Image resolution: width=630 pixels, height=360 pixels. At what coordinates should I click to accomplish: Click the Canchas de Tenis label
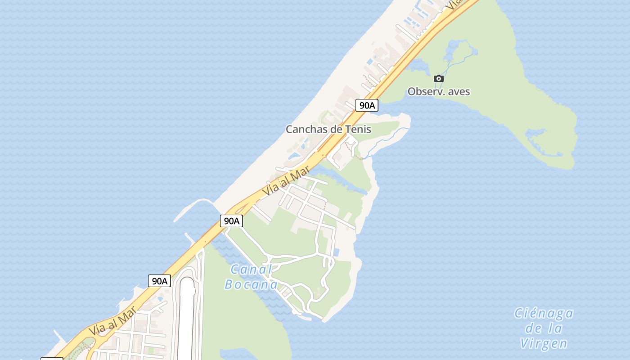coord(328,130)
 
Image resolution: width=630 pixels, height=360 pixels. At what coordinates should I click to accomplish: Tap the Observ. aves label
coord(439,92)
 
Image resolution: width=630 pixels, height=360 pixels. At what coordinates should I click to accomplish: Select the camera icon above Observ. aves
coord(439,79)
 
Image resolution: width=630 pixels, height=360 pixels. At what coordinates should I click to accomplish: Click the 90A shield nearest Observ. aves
coord(367,106)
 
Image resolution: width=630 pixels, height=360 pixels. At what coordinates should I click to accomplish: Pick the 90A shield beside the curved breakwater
coord(231,221)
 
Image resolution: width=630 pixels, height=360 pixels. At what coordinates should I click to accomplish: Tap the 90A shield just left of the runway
coord(159,281)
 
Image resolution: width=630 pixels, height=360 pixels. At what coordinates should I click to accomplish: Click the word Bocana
coord(251,285)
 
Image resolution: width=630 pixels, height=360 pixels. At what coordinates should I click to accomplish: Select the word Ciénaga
coord(544,313)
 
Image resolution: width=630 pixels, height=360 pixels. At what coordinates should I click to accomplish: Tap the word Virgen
coord(544,344)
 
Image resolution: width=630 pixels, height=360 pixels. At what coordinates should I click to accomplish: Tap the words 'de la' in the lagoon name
coord(544,328)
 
